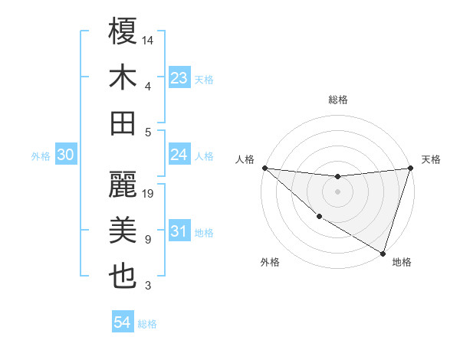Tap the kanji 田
123,123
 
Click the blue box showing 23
179,78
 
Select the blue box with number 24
179,155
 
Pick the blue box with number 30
66,155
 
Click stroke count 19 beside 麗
149,194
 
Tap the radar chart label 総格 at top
337,100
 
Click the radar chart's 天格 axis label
431,159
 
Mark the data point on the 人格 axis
264,168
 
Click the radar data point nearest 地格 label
383,253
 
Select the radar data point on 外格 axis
319,217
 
